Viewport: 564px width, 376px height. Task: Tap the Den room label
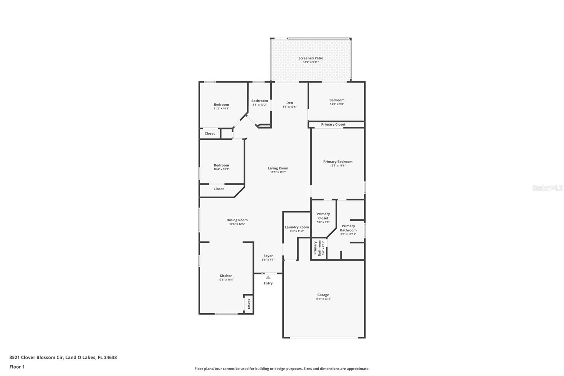(x=289, y=103)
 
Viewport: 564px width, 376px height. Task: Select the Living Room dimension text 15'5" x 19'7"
(x=278, y=172)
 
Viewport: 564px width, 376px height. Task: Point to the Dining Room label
(x=237, y=220)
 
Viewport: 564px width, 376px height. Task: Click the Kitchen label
(x=226, y=276)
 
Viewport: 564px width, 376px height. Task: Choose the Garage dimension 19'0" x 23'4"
(x=323, y=299)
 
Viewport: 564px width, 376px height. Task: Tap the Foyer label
(x=268, y=256)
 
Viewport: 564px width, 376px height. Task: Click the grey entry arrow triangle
(x=268, y=278)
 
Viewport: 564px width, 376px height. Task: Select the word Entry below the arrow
(x=268, y=283)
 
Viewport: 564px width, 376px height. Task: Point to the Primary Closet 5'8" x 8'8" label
(x=323, y=218)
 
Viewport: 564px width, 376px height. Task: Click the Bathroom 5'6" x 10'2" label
(x=259, y=103)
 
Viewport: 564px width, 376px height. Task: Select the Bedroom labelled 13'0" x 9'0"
(x=337, y=102)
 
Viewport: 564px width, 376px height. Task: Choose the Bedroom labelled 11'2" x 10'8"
(x=222, y=107)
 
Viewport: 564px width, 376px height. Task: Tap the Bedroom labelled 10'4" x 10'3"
(x=222, y=167)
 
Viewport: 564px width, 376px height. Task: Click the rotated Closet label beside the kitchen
(x=249, y=304)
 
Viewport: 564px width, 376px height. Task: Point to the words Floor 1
(x=17, y=367)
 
